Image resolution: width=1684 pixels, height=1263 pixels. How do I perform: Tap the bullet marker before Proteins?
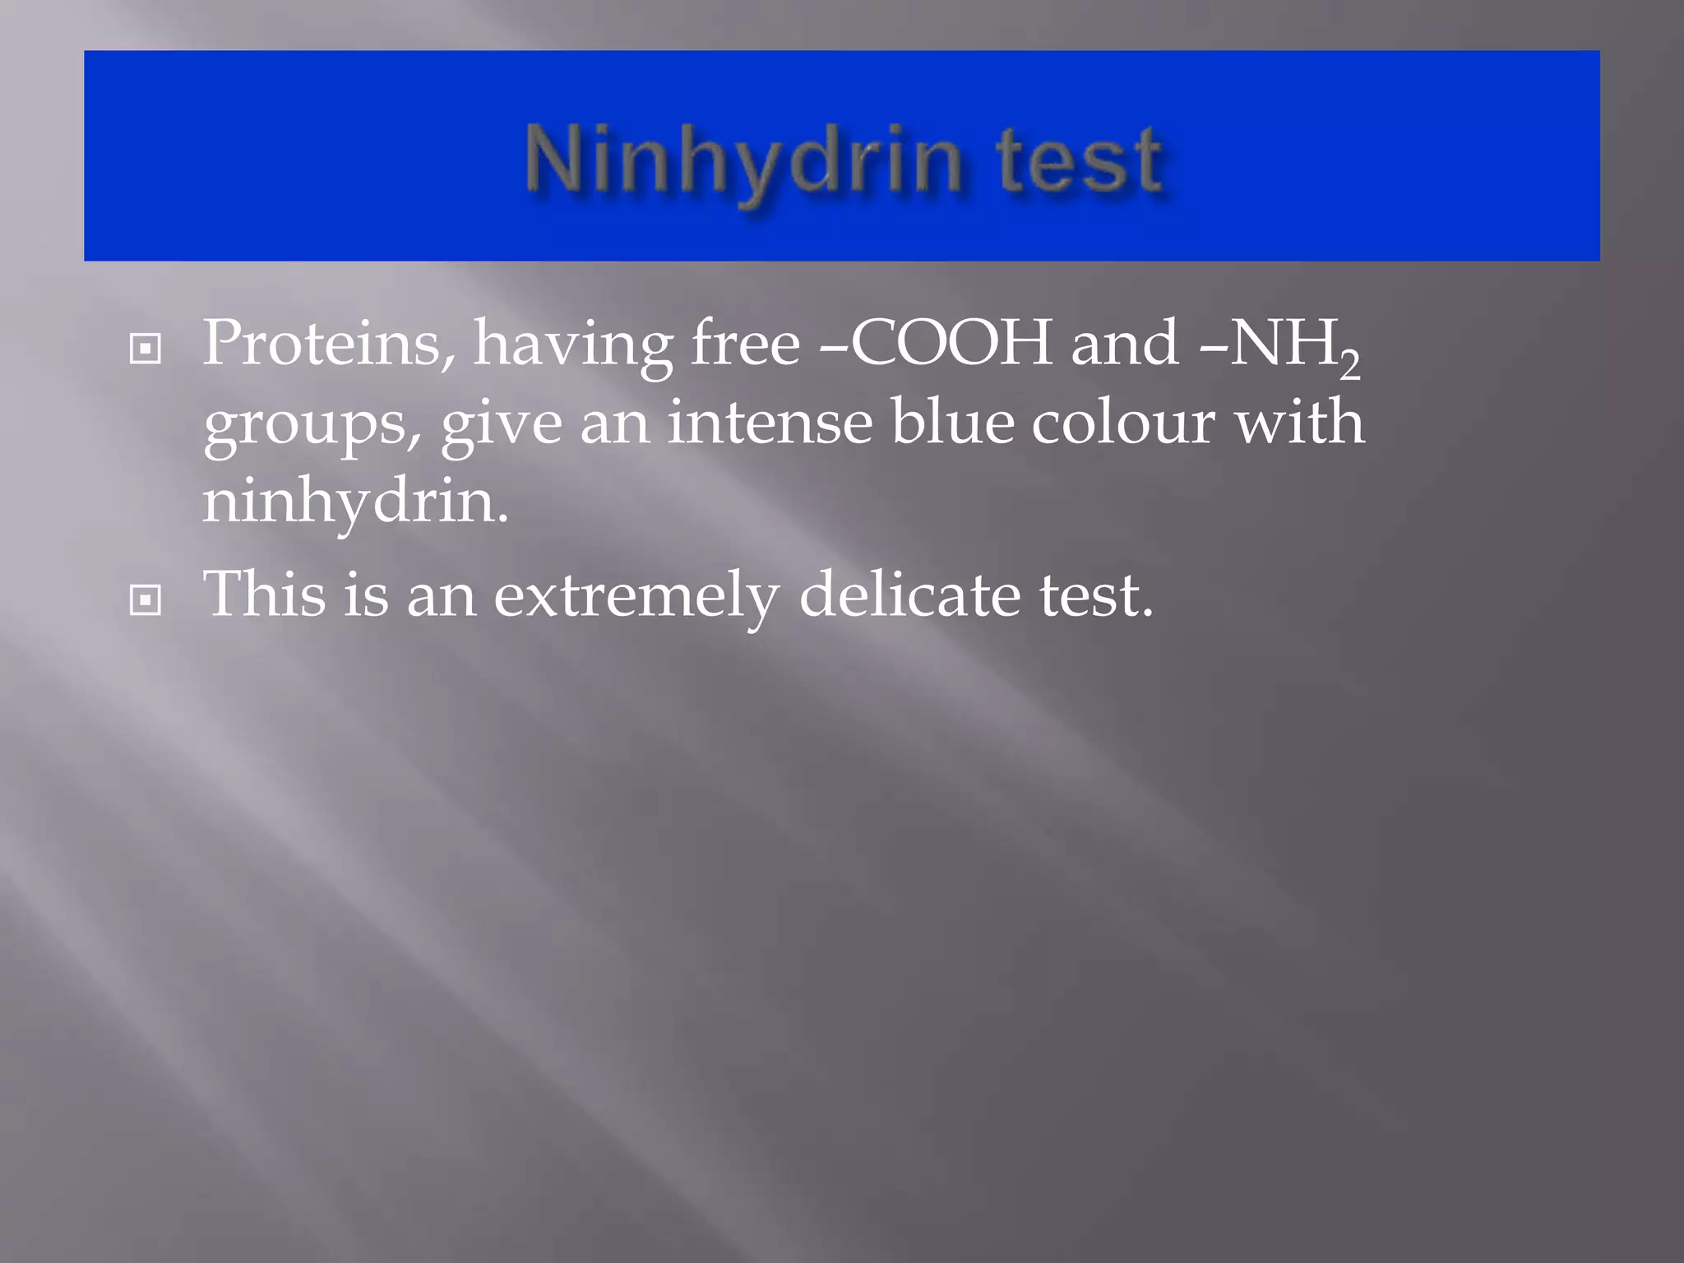click(146, 349)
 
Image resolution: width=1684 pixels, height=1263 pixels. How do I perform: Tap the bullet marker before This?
click(146, 600)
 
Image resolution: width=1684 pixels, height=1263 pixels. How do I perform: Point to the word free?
click(745, 343)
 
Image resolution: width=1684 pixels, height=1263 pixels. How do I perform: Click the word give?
click(502, 423)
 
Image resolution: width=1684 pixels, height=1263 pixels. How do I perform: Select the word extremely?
click(636, 595)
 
